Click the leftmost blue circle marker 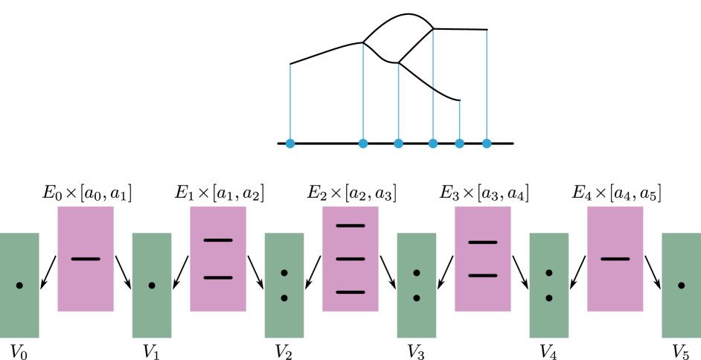[290, 144]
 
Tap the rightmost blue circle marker [487, 144]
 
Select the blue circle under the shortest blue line [459, 144]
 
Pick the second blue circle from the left [363, 144]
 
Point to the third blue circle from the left [398, 144]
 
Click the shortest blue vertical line [459, 119]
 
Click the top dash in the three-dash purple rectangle [350, 225]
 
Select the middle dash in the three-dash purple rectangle [350, 259]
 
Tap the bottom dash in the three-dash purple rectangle [350, 292]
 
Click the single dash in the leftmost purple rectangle [86, 259]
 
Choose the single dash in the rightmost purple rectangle [615, 259]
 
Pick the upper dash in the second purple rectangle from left [218, 240]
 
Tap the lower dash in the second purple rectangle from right [483, 276]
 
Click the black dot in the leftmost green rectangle [19, 286]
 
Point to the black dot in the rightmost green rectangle [681, 286]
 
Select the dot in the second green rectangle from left [152, 286]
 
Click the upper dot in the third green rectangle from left [284, 273]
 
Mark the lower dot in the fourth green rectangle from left [417, 298]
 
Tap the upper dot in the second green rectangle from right [549, 273]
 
